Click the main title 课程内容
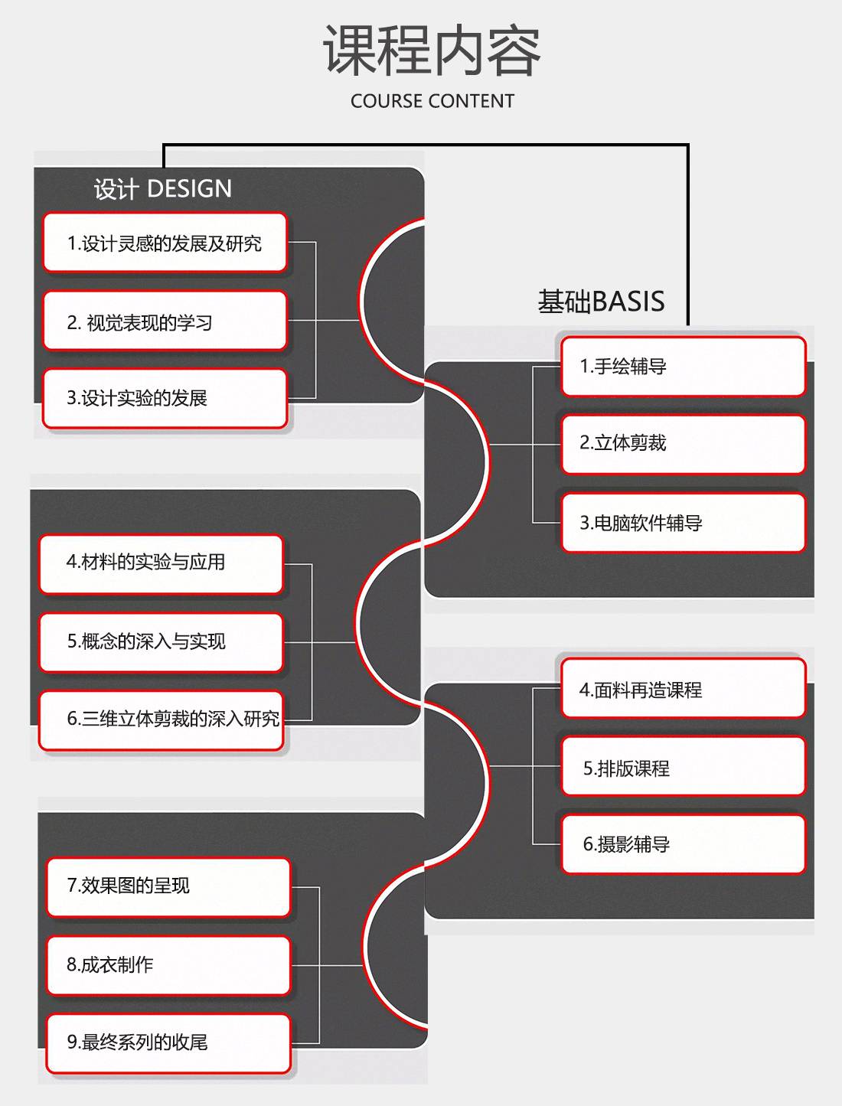[x=432, y=51]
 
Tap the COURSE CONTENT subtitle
[x=432, y=101]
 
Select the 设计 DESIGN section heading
[x=162, y=189]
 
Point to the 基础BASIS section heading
[x=601, y=302]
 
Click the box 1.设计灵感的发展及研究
[x=165, y=243]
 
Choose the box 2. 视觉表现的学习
[x=165, y=322]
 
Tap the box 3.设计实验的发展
[x=165, y=398]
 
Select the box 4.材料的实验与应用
[x=161, y=563]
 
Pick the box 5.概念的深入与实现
[x=161, y=641]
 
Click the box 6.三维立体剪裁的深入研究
[x=161, y=719]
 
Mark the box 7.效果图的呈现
[x=168, y=886]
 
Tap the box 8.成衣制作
[x=168, y=965]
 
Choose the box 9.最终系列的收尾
[x=168, y=1042]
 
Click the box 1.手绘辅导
[x=683, y=367]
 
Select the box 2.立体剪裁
[x=683, y=443]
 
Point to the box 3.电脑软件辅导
[x=683, y=523]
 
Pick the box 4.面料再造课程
[x=683, y=690]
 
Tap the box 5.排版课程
[x=683, y=768]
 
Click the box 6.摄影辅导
[x=683, y=844]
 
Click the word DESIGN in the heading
[x=189, y=189]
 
